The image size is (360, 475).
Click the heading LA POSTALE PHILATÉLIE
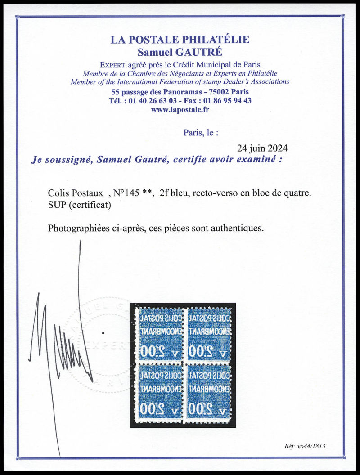(x=180, y=40)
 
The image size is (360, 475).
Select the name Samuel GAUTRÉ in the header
(x=180, y=51)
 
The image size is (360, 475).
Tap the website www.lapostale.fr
(x=180, y=109)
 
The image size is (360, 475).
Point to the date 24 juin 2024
(x=262, y=148)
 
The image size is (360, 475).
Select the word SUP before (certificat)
(x=57, y=205)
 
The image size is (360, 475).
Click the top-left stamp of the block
(x=157, y=333)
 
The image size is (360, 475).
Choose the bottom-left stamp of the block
(x=157, y=390)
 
